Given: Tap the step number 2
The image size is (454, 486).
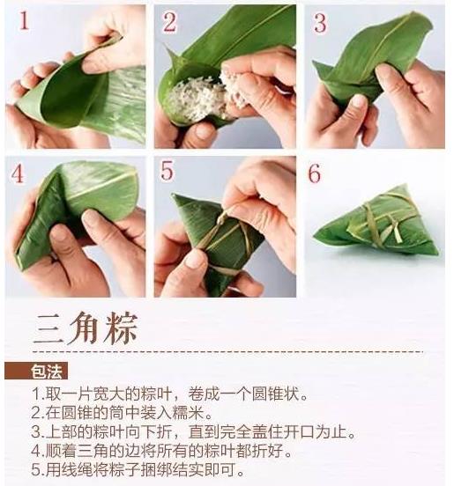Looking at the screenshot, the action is coord(170,22).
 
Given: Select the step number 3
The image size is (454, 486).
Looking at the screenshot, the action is coord(320,22).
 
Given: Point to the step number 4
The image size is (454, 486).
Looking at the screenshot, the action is coord(18,173).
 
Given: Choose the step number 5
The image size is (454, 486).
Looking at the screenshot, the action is coord(167,170).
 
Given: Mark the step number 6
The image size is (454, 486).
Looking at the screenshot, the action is coord(315,173).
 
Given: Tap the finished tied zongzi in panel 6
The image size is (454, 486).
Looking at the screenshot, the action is coord(376,221).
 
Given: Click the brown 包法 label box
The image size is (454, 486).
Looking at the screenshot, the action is coord(36,371).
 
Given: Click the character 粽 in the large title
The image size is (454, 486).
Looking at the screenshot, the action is coord(121,328).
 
